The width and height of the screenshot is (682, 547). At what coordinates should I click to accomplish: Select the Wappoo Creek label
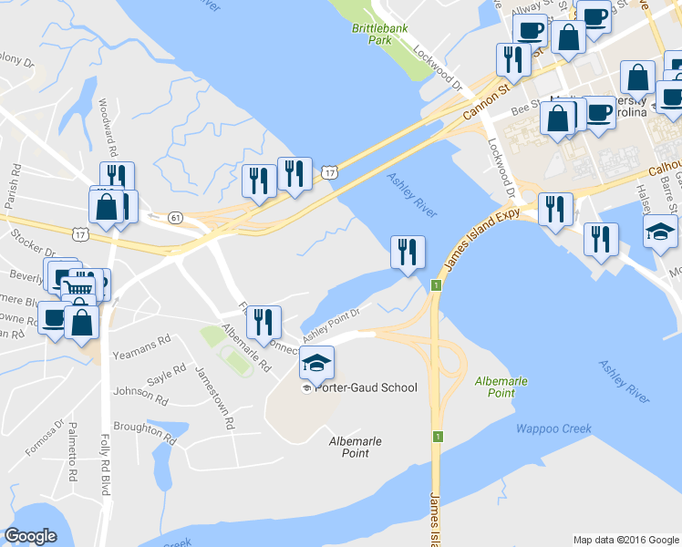coord(553,428)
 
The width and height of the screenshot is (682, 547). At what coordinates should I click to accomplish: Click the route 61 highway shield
coord(175,217)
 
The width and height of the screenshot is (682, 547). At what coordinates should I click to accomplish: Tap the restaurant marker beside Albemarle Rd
coord(263,321)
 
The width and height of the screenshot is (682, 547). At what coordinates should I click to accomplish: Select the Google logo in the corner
coord(30,536)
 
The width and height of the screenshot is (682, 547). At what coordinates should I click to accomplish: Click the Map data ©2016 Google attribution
coord(625,540)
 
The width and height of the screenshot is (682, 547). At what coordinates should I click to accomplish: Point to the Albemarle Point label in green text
coord(495,386)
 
